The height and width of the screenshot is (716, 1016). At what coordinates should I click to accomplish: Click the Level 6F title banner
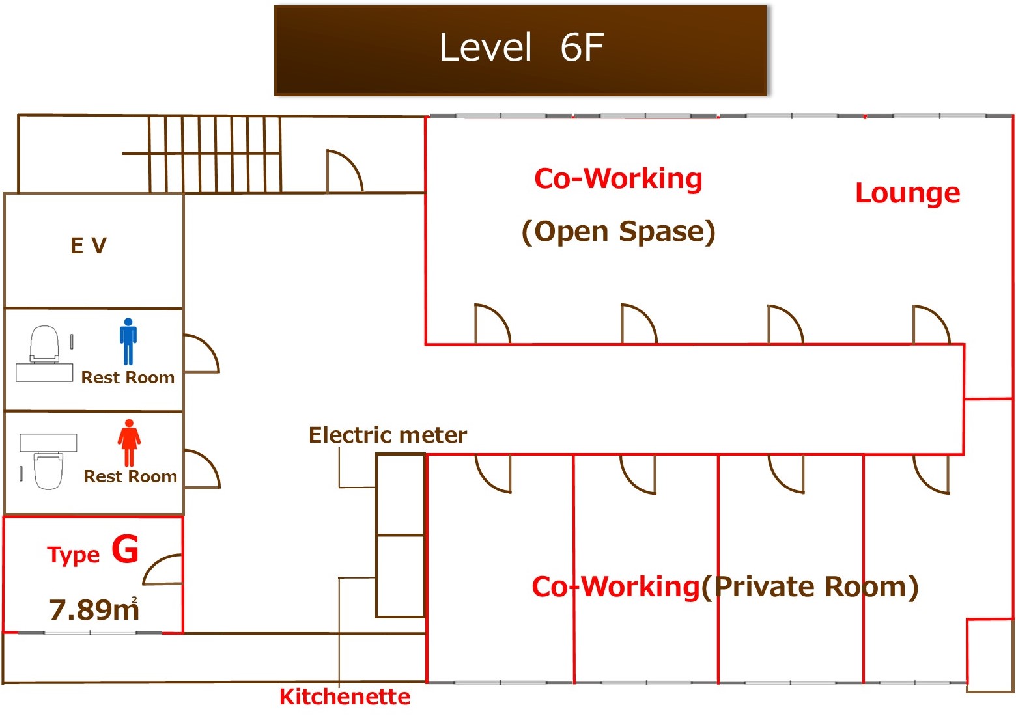(520, 49)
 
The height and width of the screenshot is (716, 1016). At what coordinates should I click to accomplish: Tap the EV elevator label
(89, 245)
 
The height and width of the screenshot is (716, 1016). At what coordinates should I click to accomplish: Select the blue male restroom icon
(128, 341)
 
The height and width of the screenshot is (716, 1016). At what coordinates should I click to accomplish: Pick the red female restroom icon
(129, 442)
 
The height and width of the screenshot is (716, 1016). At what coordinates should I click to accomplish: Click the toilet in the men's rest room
(44, 345)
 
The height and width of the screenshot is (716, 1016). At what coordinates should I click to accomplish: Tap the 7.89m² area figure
(94, 609)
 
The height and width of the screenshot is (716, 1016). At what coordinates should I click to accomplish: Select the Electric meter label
(388, 435)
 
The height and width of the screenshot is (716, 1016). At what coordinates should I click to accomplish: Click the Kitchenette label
(345, 696)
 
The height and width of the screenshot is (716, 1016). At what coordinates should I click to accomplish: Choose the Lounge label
(907, 193)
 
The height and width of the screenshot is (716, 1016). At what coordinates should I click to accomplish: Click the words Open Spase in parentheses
(618, 232)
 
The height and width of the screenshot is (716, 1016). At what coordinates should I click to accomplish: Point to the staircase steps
(215, 154)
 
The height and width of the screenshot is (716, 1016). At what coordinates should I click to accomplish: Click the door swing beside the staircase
(343, 171)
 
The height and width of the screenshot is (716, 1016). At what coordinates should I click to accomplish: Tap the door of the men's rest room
(201, 353)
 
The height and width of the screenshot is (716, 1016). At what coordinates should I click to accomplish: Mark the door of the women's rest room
(201, 469)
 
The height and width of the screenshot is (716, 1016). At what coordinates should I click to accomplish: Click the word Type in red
(73, 555)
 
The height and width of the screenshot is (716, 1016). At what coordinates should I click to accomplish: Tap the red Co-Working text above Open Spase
(618, 178)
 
